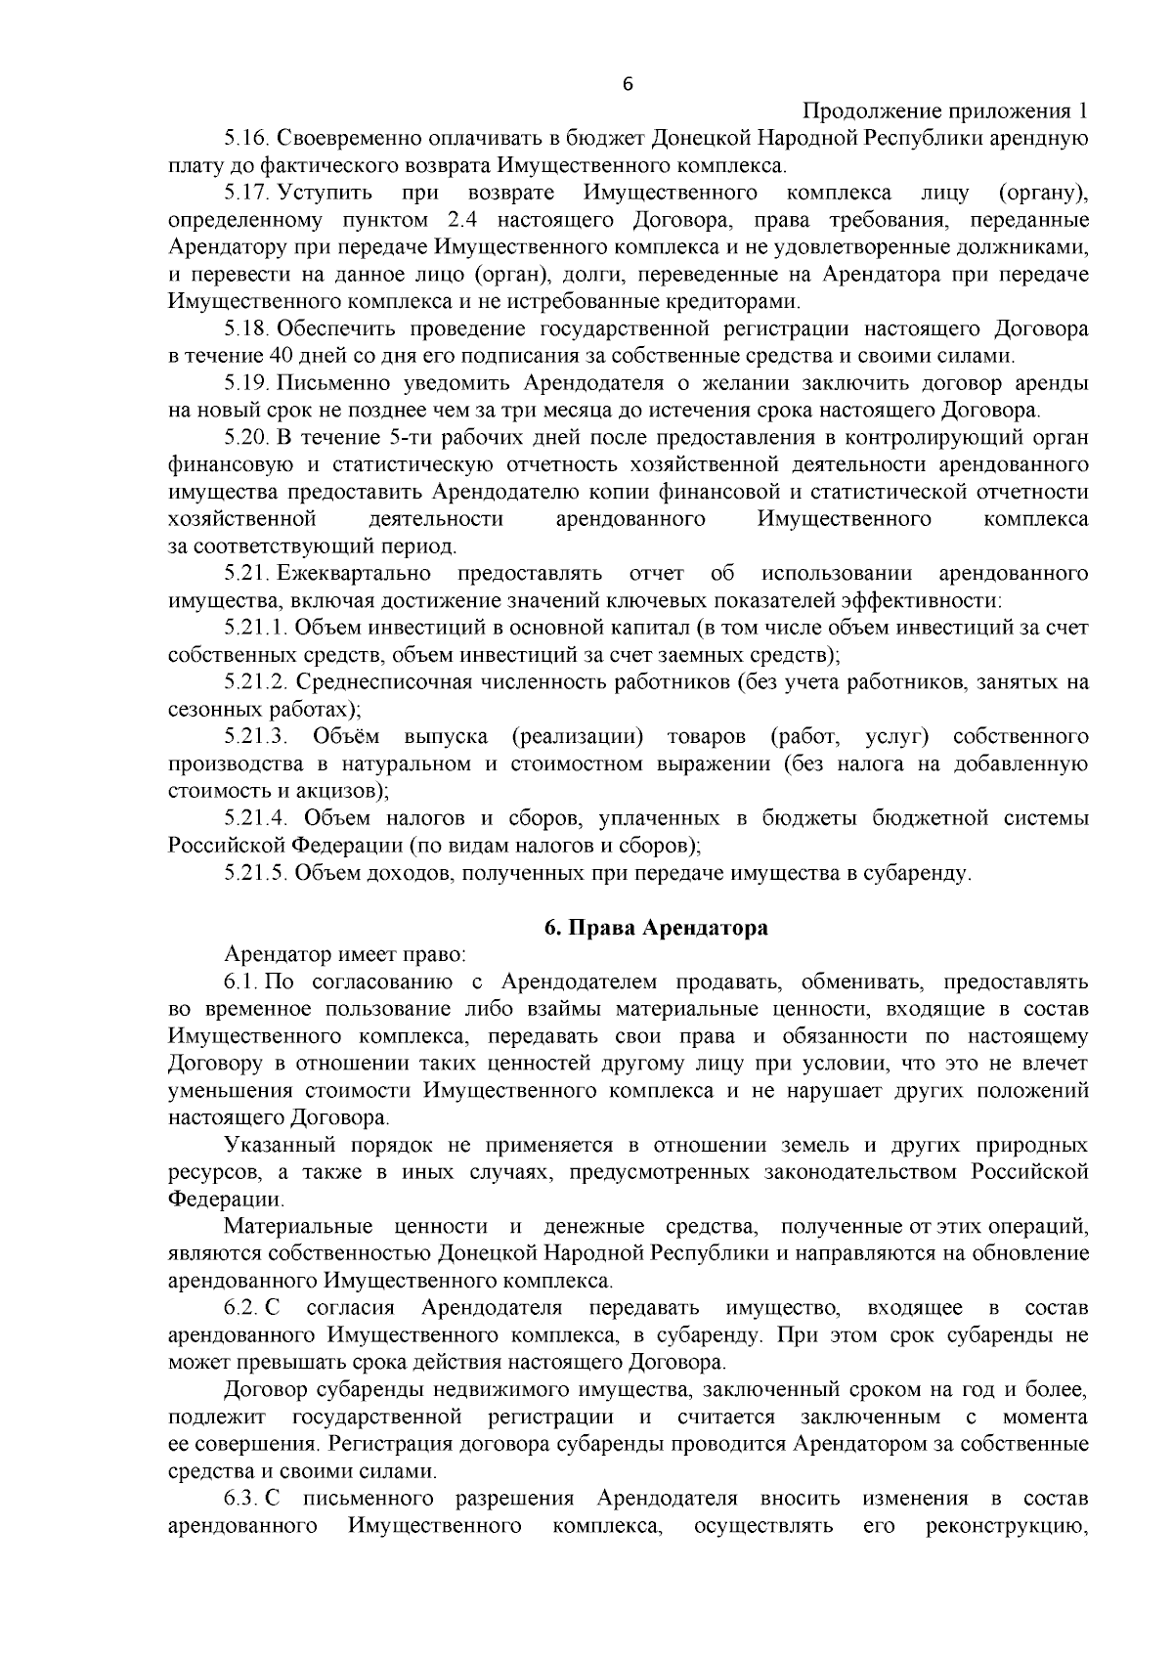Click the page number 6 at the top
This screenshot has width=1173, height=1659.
[x=628, y=85]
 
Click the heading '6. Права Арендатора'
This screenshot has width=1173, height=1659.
[x=656, y=928]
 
